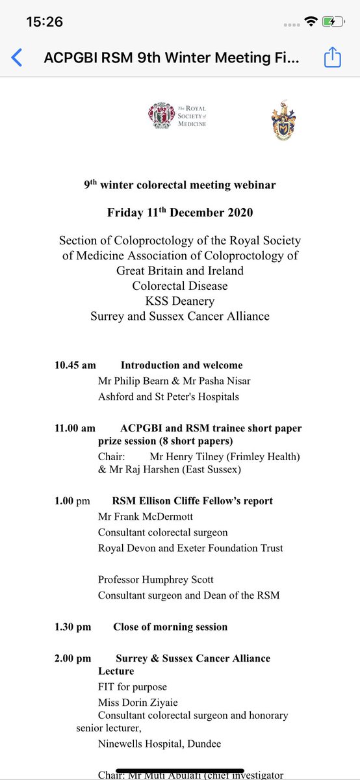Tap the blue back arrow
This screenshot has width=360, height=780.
tap(17, 58)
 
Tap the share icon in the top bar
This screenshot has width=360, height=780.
tap(332, 58)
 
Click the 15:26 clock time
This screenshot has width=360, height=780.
tap(44, 22)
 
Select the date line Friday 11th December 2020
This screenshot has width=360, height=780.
tap(180, 213)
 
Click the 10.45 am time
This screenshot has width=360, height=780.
tap(75, 365)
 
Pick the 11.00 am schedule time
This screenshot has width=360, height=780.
tap(75, 428)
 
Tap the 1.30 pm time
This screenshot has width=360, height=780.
tap(73, 627)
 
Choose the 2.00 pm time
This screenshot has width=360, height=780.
tap(73, 658)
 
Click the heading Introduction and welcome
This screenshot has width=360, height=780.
tap(181, 365)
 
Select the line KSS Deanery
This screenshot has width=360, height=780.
tap(180, 301)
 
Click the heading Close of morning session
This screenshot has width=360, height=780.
tap(170, 627)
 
